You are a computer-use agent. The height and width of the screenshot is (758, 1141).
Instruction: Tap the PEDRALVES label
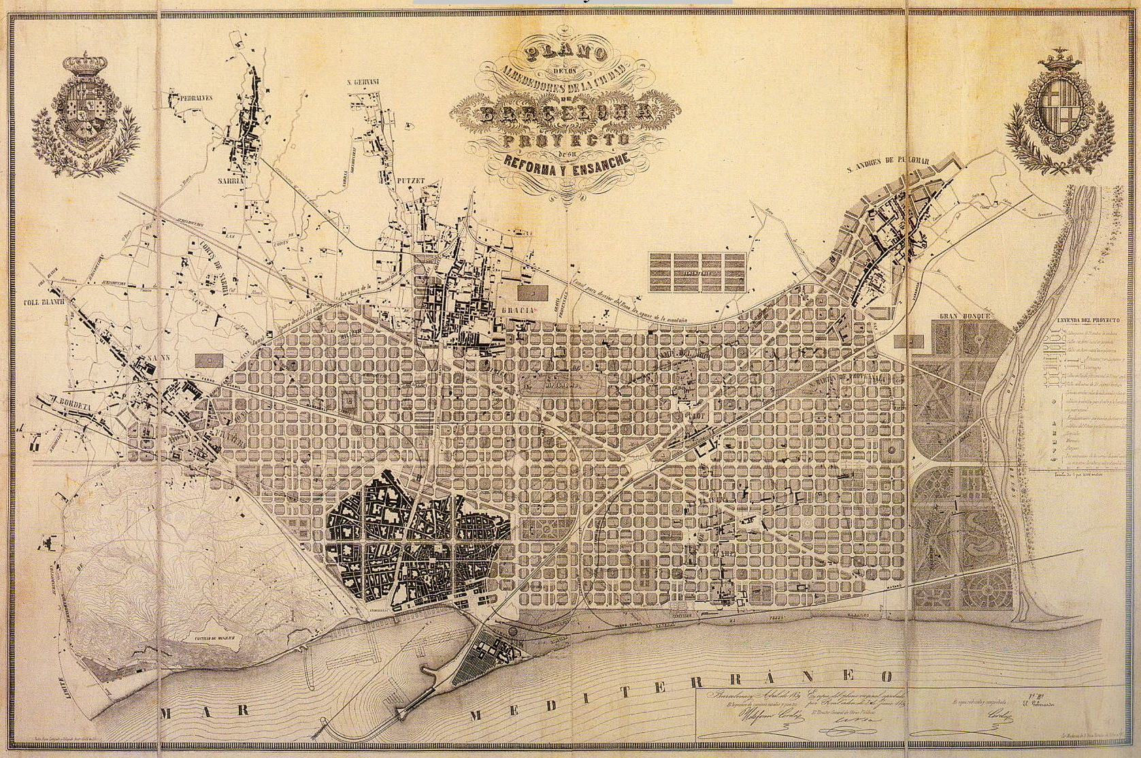click(x=192, y=97)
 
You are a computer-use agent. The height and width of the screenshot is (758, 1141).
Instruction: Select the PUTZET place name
click(x=410, y=181)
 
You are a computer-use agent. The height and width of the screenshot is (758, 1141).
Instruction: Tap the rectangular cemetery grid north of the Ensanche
click(x=697, y=271)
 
